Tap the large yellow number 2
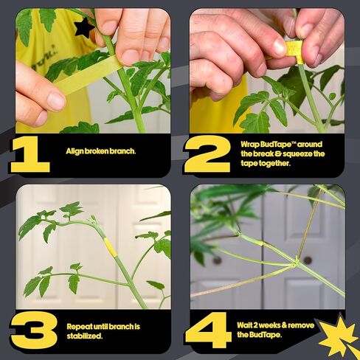click(208, 154)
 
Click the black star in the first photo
click(83, 28)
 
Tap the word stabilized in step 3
click(84, 336)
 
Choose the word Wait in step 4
click(244, 325)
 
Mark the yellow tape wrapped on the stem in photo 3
click(110, 247)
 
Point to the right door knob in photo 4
click(308, 260)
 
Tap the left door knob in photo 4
click(217, 260)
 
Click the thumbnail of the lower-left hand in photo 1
click(56, 102)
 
